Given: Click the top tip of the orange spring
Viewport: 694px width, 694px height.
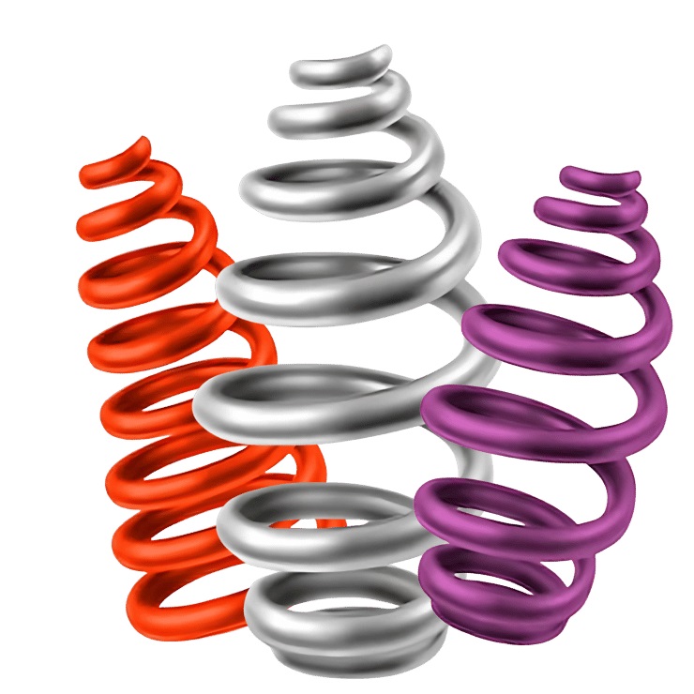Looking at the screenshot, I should click(x=143, y=143).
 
